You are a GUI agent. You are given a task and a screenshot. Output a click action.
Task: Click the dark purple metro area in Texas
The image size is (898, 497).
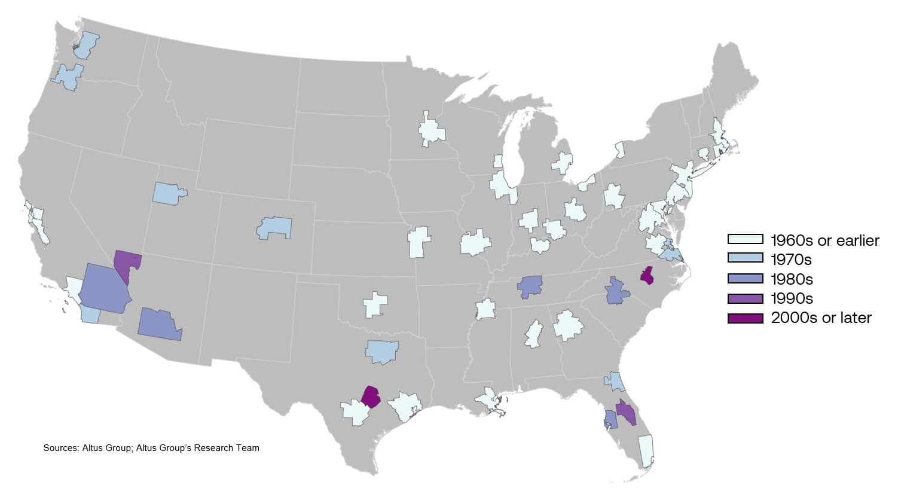tap(371, 397)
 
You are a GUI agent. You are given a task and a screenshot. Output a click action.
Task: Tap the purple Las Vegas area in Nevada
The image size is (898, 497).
tap(127, 263)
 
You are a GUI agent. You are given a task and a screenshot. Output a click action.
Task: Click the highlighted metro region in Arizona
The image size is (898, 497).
tap(159, 324)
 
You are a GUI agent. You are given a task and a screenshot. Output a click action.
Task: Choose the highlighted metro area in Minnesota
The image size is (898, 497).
tap(431, 130)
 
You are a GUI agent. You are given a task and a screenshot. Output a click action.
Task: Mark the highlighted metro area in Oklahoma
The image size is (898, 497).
tap(375, 304)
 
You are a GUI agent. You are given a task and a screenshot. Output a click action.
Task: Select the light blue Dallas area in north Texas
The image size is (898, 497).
tap(382, 351)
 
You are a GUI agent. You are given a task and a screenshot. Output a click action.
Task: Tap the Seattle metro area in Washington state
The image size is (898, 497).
tap(87, 45)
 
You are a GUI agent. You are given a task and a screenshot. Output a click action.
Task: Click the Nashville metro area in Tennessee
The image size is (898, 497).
tap(530, 286)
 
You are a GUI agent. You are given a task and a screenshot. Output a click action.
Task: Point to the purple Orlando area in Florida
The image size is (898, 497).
tap(626, 412)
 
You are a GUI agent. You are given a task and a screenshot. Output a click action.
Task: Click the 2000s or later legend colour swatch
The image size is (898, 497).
tap(745, 318)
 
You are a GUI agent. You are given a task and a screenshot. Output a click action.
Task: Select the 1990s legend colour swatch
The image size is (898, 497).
tap(745, 298)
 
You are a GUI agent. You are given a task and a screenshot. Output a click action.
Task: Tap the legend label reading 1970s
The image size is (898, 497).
tap(791, 260)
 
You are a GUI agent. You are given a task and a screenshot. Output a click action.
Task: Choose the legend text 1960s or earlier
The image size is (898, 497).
tap(824, 240)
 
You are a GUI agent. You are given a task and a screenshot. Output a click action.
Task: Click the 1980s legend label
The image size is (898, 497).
tap(792, 279)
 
